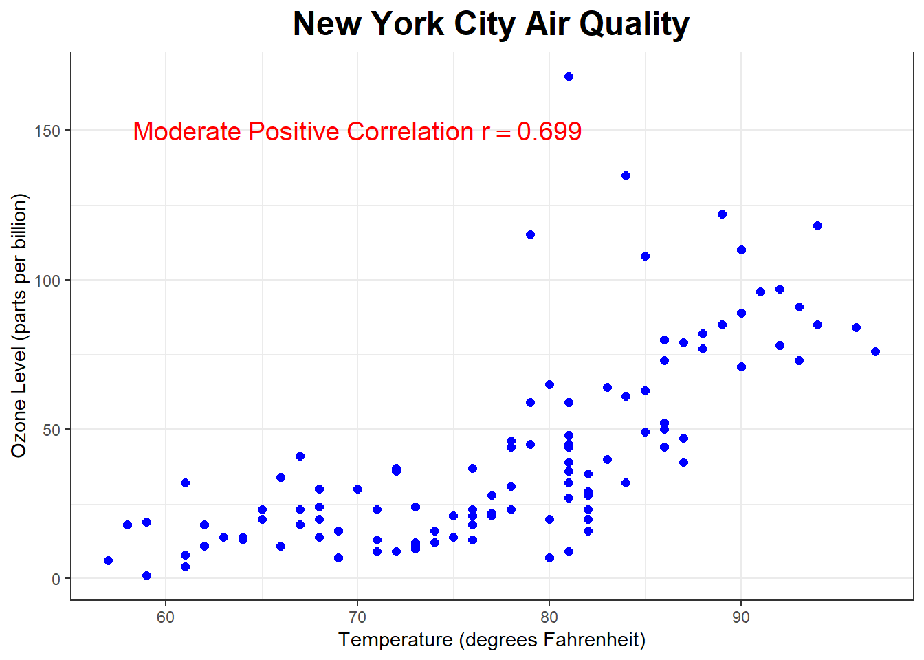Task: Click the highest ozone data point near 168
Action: click(x=569, y=76)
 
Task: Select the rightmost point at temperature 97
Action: click(x=875, y=351)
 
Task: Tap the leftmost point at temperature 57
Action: click(x=108, y=560)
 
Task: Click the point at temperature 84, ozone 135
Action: click(x=626, y=175)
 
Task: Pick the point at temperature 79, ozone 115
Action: click(x=530, y=234)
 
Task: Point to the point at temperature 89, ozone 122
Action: click(x=722, y=214)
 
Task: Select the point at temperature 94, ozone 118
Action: click(x=817, y=225)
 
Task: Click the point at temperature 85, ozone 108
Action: click(x=645, y=256)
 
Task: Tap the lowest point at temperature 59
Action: click(x=146, y=575)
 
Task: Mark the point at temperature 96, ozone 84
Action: click(x=856, y=327)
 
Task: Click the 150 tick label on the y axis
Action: click(x=47, y=131)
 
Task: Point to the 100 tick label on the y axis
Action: click(x=47, y=280)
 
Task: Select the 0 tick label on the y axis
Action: click(x=56, y=580)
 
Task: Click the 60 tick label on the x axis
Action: click(x=166, y=617)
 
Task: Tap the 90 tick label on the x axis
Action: click(x=741, y=617)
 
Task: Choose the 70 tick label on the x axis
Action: click(x=357, y=617)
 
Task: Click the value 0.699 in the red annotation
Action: click(x=549, y=131)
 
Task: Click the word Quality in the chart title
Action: click(x=633, y=24)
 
